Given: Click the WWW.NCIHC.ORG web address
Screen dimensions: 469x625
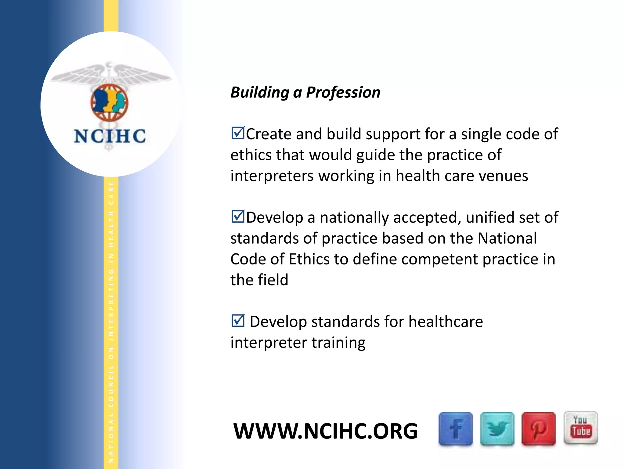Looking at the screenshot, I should point(325,431).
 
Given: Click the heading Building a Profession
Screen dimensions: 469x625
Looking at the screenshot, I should point(305,92).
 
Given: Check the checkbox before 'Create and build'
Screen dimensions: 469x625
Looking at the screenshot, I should point(238,133).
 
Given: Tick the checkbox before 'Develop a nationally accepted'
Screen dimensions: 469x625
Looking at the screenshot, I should point(238,216).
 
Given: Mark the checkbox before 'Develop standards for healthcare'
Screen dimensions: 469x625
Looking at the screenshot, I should point(238,321).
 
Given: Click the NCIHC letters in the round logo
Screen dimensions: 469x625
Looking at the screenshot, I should point(110,136).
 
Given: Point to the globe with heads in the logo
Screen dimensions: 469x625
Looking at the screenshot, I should point(109,103).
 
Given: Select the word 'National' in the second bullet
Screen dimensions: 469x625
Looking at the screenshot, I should point(507,238).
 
